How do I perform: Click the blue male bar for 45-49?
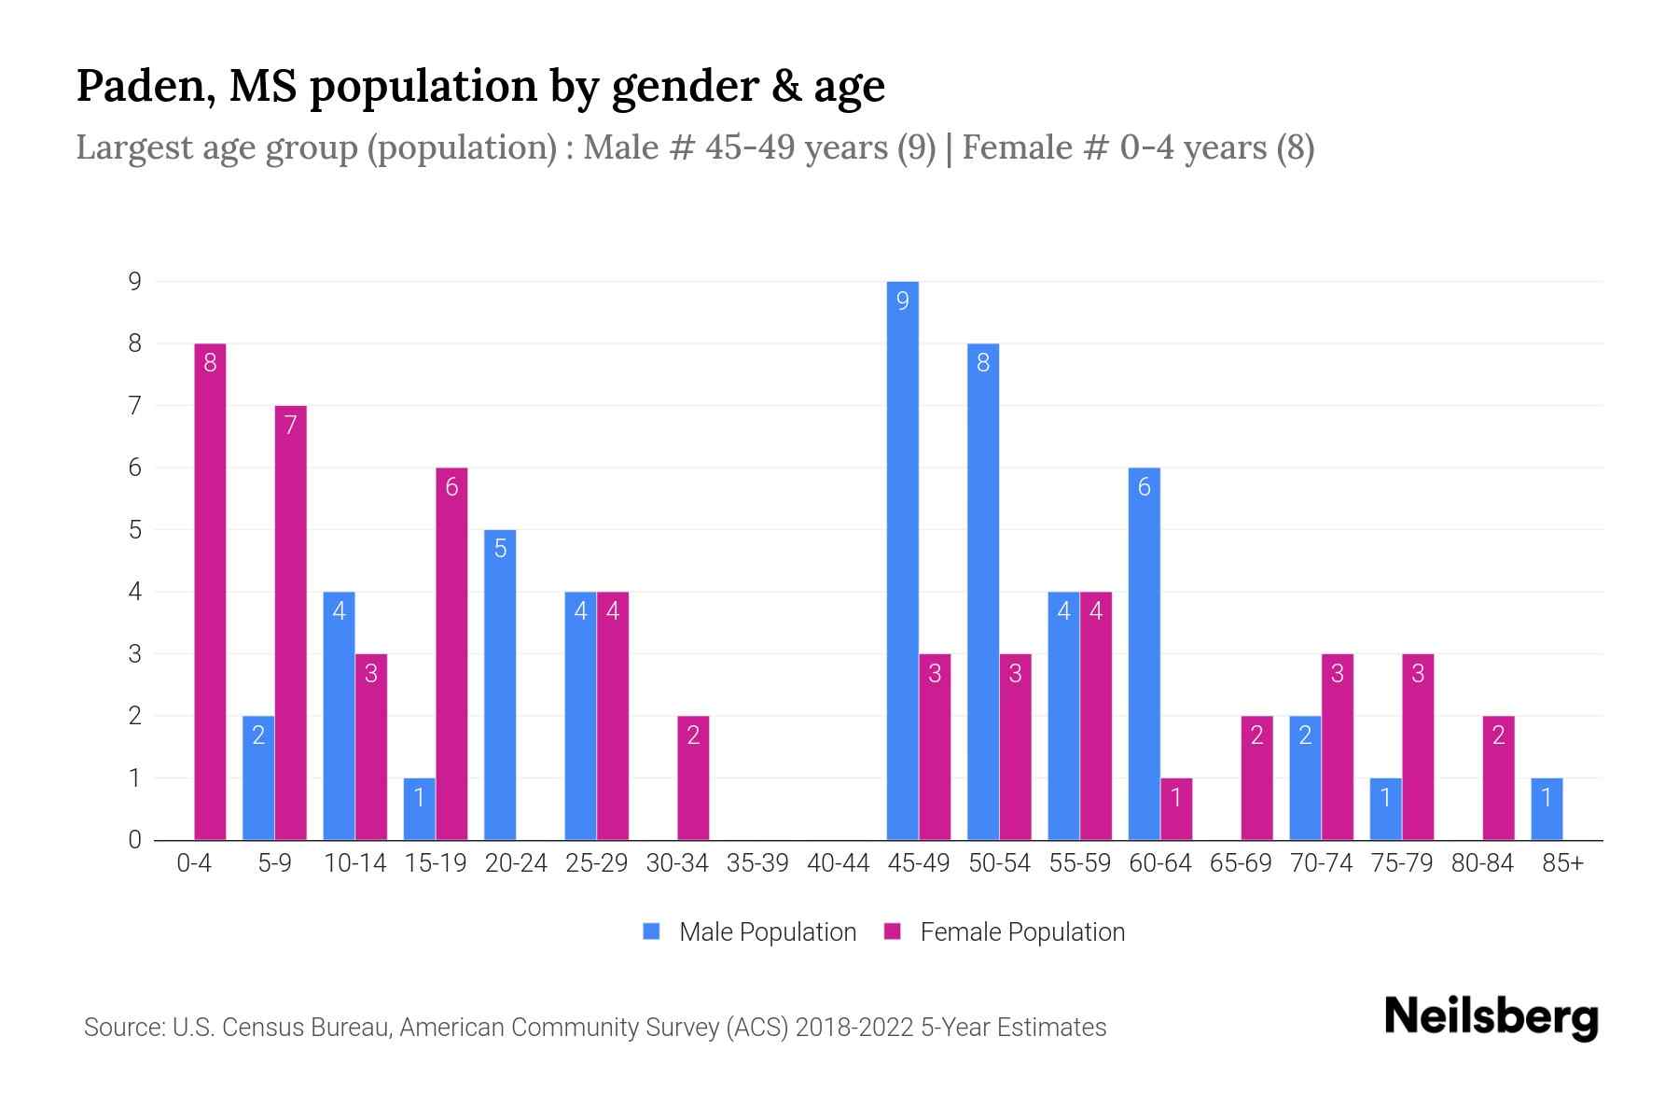902,560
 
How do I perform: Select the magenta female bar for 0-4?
210,592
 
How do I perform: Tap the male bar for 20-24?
500,684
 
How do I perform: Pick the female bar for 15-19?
451,653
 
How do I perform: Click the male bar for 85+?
1547,808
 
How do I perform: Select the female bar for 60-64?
1176,808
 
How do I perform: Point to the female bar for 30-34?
693,777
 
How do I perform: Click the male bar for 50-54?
983,592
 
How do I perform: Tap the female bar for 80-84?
1498,777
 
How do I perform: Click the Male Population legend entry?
750,931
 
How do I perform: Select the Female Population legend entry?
1005,931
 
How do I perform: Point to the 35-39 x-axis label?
757,863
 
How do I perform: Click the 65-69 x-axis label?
1241,863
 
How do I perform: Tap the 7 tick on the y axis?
135,406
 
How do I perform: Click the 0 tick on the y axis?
135,840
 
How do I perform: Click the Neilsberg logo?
1491,1017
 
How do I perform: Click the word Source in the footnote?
121,1028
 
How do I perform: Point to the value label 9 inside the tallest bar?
902,301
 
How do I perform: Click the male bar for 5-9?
258,777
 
